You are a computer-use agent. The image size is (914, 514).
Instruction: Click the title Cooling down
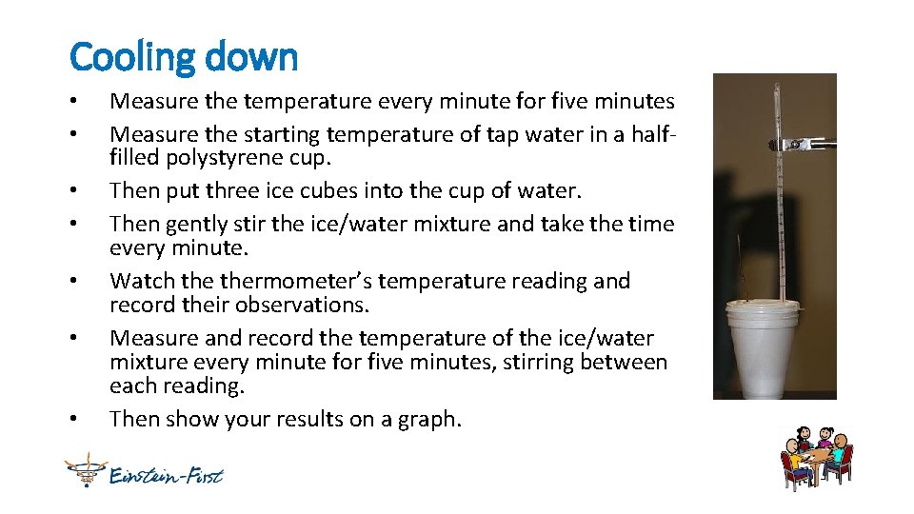(x=184, y=57)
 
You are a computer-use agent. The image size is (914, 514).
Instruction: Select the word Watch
(x=141, y=281)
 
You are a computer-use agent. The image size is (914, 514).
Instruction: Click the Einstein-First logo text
(x=166, y=473)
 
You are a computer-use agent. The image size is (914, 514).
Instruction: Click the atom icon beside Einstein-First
(x=83, y=470)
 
